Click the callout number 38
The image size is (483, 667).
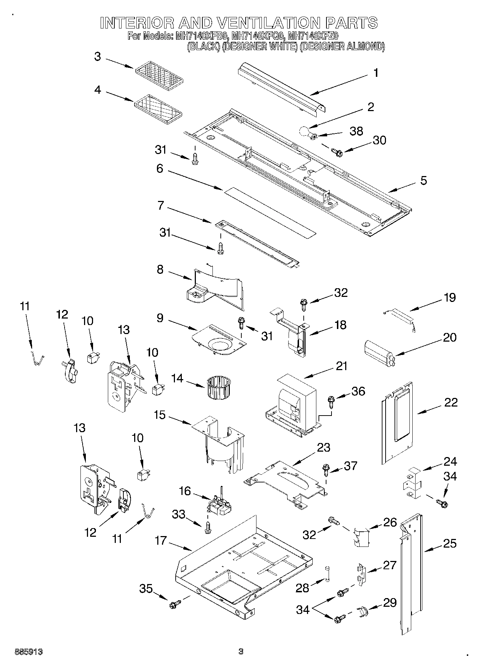pyautogui.click(x=356, y=131)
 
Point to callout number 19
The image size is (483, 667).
pyautogui.click(x=449, y=298)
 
